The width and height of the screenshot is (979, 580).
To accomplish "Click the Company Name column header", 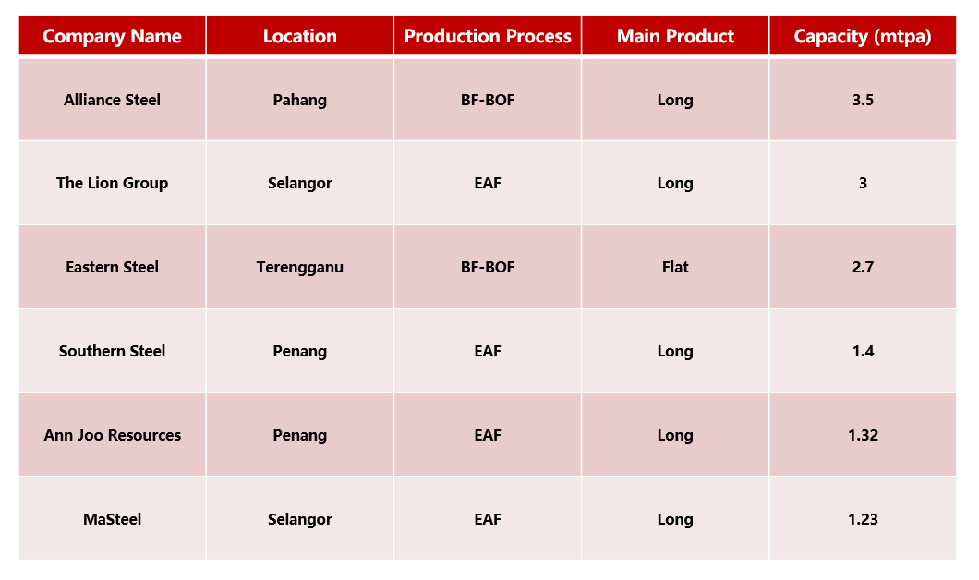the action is click(x=113, y=36).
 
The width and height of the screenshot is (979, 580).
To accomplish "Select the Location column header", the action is click(x=299, y=36).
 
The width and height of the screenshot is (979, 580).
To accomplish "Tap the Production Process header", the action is click(x=488, y=36).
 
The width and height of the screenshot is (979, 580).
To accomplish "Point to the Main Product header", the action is click(x=675, y=36).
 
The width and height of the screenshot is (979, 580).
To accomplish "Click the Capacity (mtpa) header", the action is click(x=863, y=36).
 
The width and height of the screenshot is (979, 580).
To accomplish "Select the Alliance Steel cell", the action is click(x=113, y=100).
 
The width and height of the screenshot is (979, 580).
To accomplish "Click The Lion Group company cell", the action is click(x=113, y=183).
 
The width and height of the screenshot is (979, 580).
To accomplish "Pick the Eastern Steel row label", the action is click(x=113, y=267).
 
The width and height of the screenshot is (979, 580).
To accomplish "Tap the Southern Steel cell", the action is click(x=113, y=351).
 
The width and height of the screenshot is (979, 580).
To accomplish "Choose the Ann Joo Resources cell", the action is click(x=113, y=435).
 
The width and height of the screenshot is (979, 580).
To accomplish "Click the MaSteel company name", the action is click(x=113, y=519).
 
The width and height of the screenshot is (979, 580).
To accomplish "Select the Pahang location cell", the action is click(x=299, y=101).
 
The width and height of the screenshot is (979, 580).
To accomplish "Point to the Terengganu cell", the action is click(x=299, y=268).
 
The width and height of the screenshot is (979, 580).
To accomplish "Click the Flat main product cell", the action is click(x=675, y=267).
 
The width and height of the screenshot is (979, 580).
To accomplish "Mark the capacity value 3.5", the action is click(x=863, y=100).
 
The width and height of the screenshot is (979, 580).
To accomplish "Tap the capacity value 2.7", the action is click(x=863, y=267).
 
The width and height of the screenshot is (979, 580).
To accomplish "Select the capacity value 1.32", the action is click(x=863, y=435).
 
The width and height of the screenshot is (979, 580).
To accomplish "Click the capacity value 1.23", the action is click(x=863, y=519).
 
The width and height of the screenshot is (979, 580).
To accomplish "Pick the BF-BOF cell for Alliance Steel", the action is click(x=488, y=100).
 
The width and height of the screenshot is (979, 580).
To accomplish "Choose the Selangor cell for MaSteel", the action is click(x=299, y=520).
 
